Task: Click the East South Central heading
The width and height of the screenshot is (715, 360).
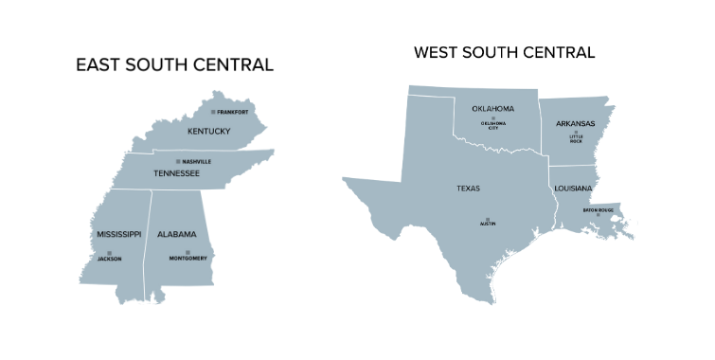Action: [175, 65]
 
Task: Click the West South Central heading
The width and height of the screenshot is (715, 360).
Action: [505, 52]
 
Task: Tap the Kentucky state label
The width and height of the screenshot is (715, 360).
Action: [208, 131]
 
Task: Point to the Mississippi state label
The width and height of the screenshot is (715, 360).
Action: [118, 234]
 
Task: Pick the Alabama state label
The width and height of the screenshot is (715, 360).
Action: [177, 234]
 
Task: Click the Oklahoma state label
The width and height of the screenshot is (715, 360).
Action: [492, 109]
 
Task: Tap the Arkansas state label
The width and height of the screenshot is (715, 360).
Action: [576, 123]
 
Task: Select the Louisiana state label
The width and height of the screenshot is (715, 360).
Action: [573, 189]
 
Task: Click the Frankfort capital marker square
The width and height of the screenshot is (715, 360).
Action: [213, 112]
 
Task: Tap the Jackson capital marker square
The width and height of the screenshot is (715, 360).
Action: [109, 252]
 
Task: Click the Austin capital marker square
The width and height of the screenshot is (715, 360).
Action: [488, 219]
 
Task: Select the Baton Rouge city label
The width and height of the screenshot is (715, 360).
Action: [599, 209]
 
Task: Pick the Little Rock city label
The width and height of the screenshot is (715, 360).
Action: [577, 140]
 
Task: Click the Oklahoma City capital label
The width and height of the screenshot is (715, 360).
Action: [493, 126]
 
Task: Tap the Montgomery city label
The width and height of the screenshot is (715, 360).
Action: [188, 259]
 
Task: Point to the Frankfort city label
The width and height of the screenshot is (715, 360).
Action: [232, 112]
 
